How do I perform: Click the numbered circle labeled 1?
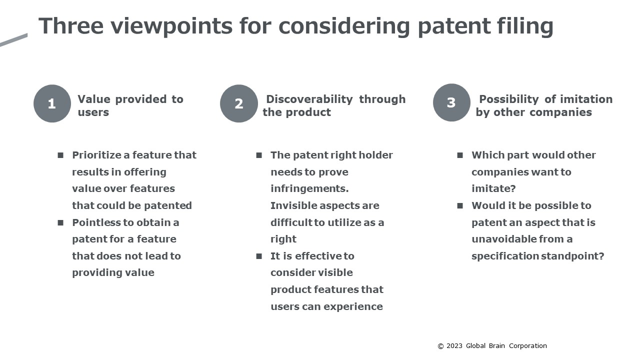click(52, 103)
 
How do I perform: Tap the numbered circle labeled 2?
click(239, 103)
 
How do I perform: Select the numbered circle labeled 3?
click(451, 102)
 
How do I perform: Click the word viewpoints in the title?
click(171, 26)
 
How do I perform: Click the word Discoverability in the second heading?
click(309, 99)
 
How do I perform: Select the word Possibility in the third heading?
click(509, 99)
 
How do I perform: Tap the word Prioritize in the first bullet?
click(96, 155)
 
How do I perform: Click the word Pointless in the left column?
click(96, 222)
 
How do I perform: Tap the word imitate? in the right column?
click(493, 188)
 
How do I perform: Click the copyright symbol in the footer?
click(440, 346)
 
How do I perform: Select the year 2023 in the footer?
click(454, 346)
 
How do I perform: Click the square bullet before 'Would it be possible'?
click(460, 205)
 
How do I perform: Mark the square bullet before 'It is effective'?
click(259, 256)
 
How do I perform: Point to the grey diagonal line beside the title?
click(13, 40)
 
